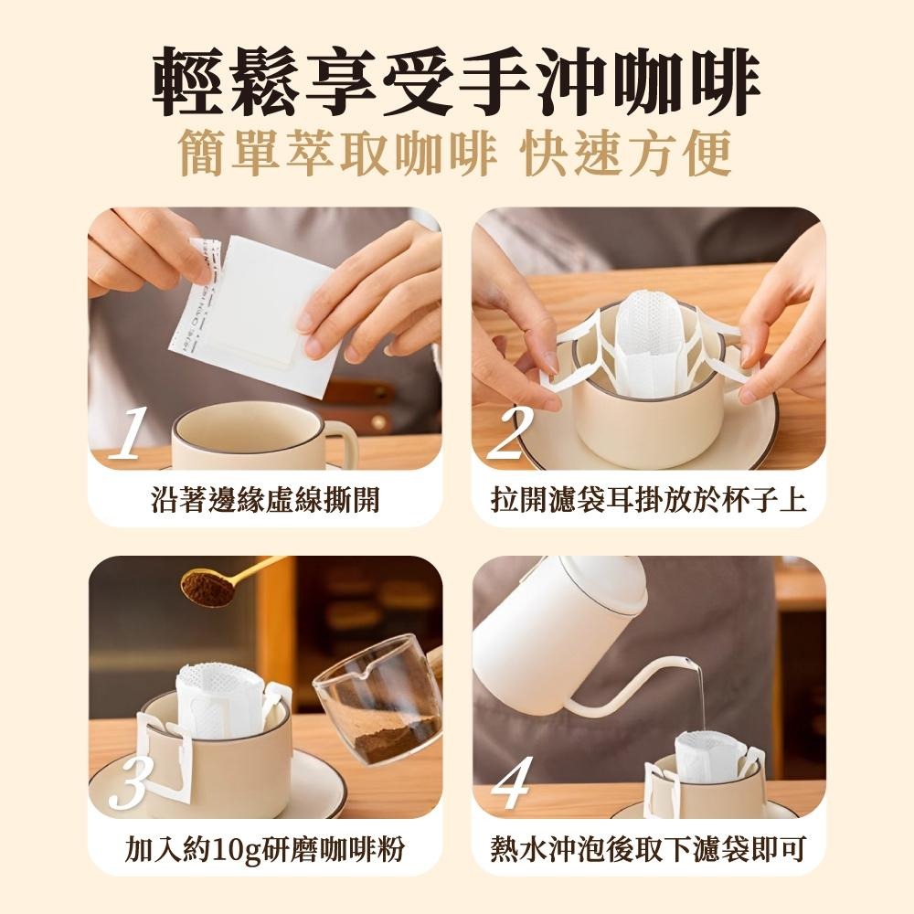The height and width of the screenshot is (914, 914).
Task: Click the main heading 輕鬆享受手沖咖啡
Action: point(456,83)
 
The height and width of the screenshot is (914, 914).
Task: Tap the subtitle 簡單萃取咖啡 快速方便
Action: point(456,154)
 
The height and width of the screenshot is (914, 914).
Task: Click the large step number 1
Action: point(128,433)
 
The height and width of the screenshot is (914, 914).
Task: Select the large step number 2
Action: point(513,433)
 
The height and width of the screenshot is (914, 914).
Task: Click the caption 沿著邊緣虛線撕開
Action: point(265,500)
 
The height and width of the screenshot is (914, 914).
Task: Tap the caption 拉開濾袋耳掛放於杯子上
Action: point(648,500)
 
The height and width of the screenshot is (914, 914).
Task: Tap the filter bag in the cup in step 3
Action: point(219,699)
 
